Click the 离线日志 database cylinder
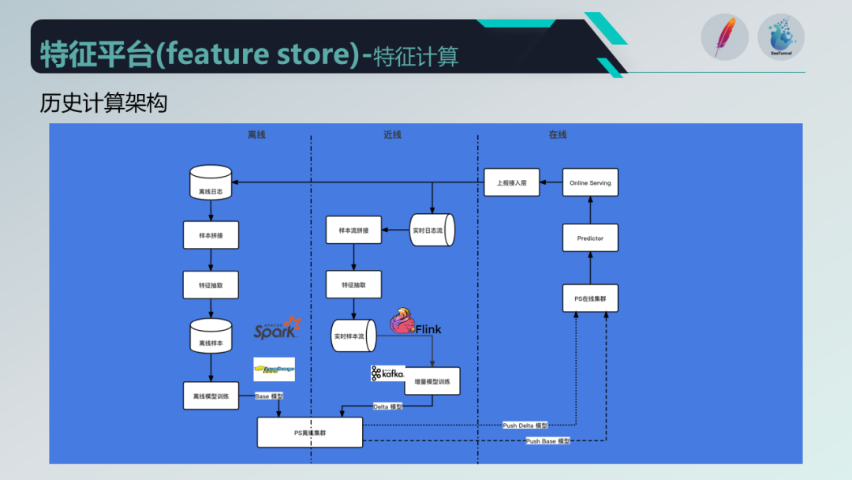point(211,182)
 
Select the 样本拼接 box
point(211,234)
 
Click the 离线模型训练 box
point(211,396)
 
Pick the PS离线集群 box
point(310,432)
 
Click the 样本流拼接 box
point(353,230)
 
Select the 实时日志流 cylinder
point(432,230)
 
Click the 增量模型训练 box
point(432,381)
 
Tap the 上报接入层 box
point(511,182)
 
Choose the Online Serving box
point(590,182)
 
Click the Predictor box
point(590,238)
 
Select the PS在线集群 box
point(590,298)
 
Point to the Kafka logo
point(387,373)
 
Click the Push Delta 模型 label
point(525,425)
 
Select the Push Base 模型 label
point(547,441)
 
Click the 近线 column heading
point(392,135)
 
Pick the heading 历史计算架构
point(103,103)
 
